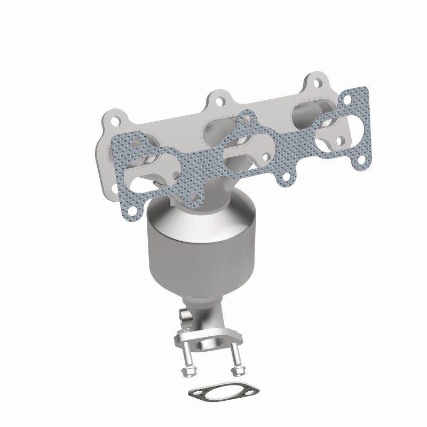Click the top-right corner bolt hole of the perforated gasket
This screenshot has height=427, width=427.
point(362,99)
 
